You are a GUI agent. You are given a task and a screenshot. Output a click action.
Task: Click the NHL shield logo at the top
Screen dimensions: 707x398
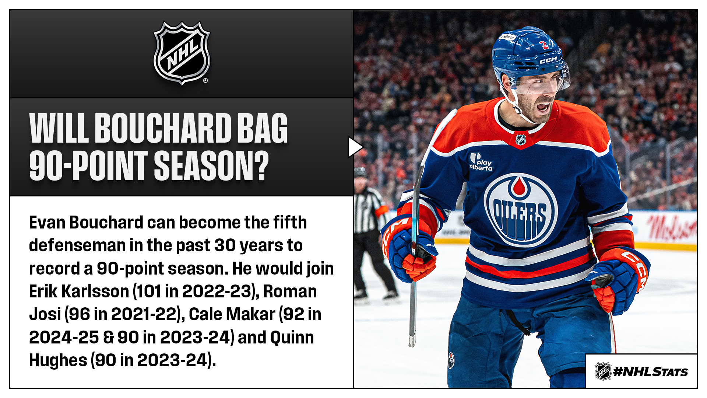(182, 53)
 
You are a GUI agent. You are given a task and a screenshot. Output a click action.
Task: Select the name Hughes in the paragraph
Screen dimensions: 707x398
(58, 360)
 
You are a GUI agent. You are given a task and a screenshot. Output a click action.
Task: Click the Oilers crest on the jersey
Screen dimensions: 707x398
(520, 210)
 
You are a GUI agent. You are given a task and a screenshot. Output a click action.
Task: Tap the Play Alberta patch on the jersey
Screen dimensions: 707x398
(481, 162)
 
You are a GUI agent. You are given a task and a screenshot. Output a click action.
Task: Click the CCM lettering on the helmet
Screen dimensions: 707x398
(548, 60)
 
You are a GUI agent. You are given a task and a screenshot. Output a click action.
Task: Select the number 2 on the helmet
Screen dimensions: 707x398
(543, 45)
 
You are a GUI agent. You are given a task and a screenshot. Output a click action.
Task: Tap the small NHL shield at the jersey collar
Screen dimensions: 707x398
(521, 140)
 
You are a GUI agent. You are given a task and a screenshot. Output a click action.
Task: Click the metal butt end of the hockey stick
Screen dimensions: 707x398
(412, 341)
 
